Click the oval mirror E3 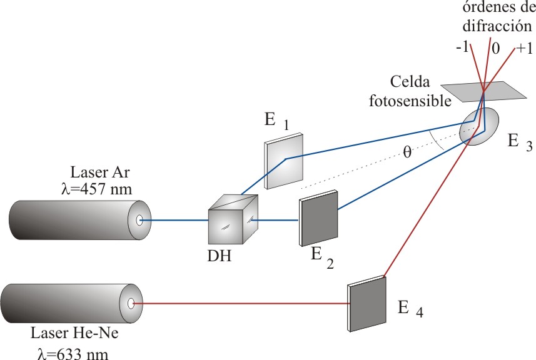(480, 126)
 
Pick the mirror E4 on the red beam (367, 305)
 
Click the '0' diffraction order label (495, 49)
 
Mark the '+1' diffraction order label (524, 49)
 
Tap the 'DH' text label (220, 256)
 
